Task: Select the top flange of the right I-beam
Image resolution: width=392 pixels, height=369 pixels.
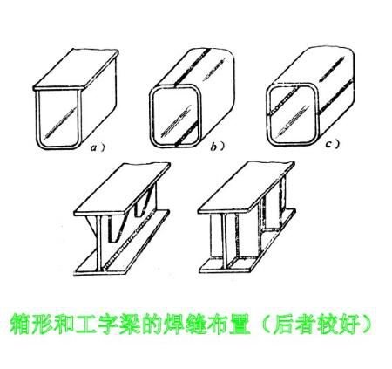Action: click(261, 192)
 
